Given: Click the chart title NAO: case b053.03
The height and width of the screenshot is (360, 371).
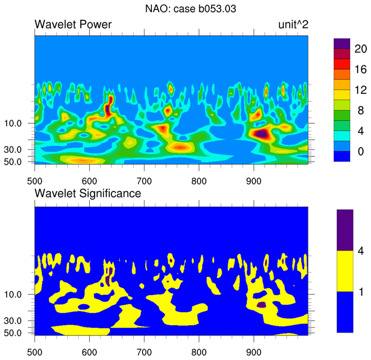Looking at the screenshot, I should point(186,8).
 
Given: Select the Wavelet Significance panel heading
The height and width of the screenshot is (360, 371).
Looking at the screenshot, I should point(88,194).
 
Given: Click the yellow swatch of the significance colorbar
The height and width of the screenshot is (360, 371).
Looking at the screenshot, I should point(345,271).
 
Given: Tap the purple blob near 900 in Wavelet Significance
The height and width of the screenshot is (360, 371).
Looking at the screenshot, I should point(262,305).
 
